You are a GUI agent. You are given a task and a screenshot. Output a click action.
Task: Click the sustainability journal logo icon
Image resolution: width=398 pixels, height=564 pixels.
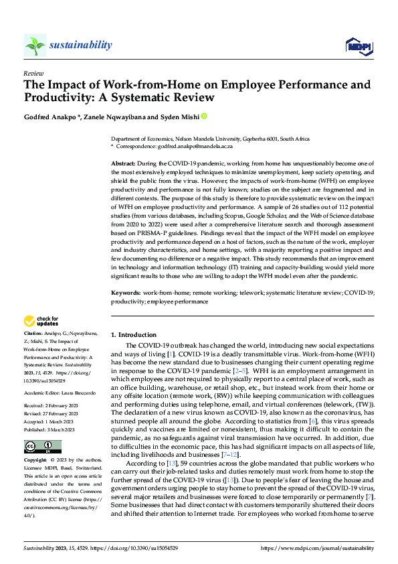click(34, 45)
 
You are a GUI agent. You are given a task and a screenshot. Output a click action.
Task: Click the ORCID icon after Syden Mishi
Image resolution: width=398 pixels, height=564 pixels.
click(205, 117)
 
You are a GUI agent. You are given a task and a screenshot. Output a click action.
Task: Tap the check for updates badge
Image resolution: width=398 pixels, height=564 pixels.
click(41, 322)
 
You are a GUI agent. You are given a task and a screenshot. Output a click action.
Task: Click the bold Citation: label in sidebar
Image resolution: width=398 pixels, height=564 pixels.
click(33, 333)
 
